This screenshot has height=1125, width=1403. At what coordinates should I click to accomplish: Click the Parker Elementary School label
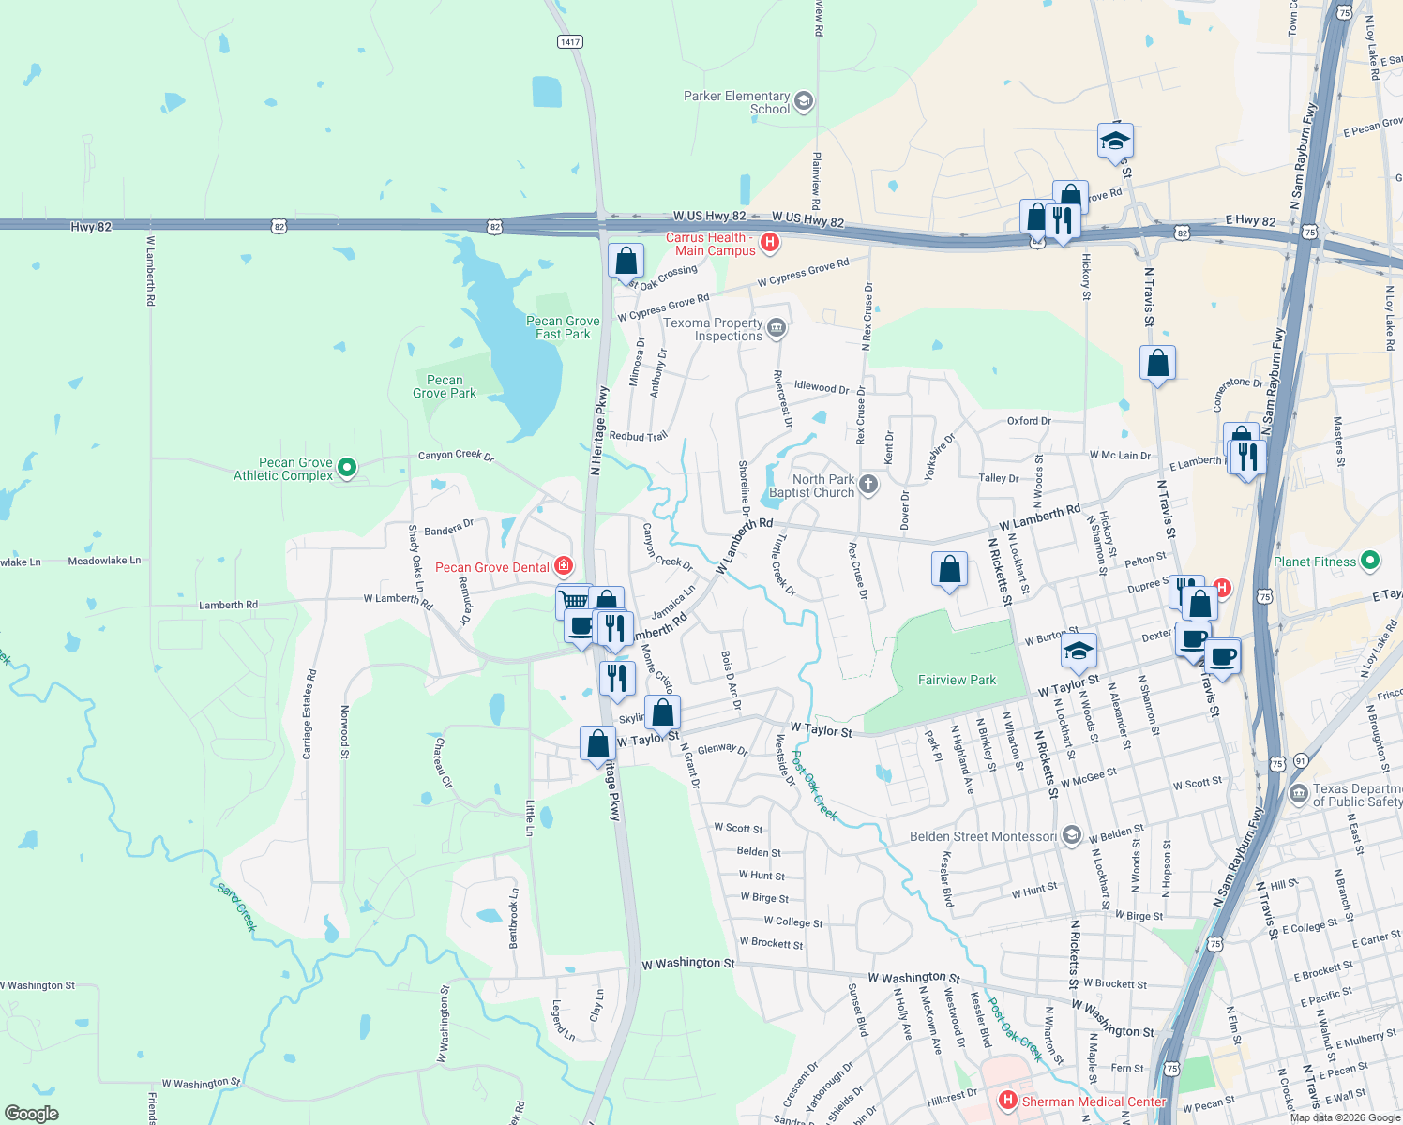pos(736,102)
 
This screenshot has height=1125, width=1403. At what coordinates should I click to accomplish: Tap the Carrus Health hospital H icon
pos(770,243)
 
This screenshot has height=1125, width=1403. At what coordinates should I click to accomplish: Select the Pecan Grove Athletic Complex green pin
pos(347,467)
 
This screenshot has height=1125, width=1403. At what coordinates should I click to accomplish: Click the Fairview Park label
pos(957,680)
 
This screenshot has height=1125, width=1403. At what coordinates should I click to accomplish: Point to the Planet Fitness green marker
pos(1370,561)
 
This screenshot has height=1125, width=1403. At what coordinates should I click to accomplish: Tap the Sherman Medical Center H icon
pos(1008,1100)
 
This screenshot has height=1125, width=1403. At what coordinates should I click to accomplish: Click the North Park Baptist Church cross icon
pos(868,485)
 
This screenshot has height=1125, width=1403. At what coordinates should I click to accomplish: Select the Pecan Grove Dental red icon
pos(564,565)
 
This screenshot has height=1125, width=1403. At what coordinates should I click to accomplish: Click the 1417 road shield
pos(569,41)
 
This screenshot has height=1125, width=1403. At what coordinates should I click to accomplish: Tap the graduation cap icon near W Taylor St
pos(1079,650)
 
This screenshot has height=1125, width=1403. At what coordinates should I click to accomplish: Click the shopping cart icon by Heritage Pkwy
pos(573,600)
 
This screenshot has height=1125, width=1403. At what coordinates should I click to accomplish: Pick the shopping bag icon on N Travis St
pos(1157,363)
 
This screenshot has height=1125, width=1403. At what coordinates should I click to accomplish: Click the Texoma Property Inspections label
pos(713,329)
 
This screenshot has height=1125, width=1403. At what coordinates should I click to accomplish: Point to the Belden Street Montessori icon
pos(1072,836)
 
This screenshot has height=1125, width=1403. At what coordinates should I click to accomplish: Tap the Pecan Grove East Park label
pos(563,327)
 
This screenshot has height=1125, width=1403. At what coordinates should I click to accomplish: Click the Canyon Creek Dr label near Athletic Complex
pos(456,455)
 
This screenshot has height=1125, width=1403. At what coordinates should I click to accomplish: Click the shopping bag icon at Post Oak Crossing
pos(626,261)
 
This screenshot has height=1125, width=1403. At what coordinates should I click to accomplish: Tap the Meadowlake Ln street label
pos(104,561)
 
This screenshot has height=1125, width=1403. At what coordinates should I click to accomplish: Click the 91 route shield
pos(1300,760)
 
